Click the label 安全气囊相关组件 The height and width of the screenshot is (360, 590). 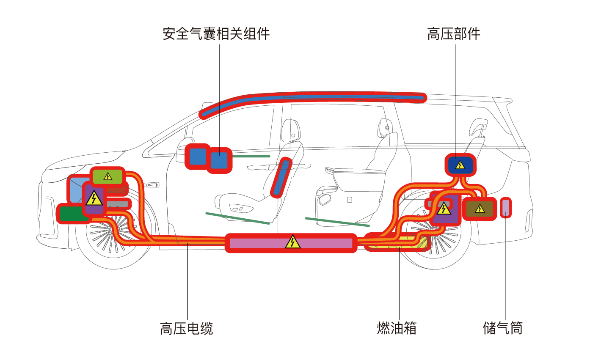tap(216, 34)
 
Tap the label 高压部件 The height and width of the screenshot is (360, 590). tap(454, 34)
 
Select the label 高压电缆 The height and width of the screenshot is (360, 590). tap(187, 328)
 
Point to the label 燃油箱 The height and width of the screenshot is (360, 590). tap(397, 328)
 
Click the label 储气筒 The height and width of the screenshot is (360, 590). tap(502, 328)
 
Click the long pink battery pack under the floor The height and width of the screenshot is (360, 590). tap(291, 243)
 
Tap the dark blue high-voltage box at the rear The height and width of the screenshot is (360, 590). tap(460, 165)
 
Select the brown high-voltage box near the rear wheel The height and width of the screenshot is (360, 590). tap(480, 209)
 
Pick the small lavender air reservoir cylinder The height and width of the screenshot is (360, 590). tap(506, 208)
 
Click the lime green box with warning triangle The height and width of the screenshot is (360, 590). tap(108, 176)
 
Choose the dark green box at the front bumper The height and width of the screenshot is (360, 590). tap(74, 214)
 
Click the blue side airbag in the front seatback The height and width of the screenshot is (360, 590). tap(281, 178)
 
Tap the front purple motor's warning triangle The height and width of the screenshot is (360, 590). tap(94, 198)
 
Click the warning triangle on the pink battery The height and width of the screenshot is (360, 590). tap(292, 242)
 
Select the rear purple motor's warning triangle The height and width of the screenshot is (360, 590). tap(444, 208)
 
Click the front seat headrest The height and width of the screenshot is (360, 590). tap(291, 131)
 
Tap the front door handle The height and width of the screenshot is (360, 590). tap(152, 184)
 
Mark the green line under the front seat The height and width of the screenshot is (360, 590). tap(238, 218)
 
